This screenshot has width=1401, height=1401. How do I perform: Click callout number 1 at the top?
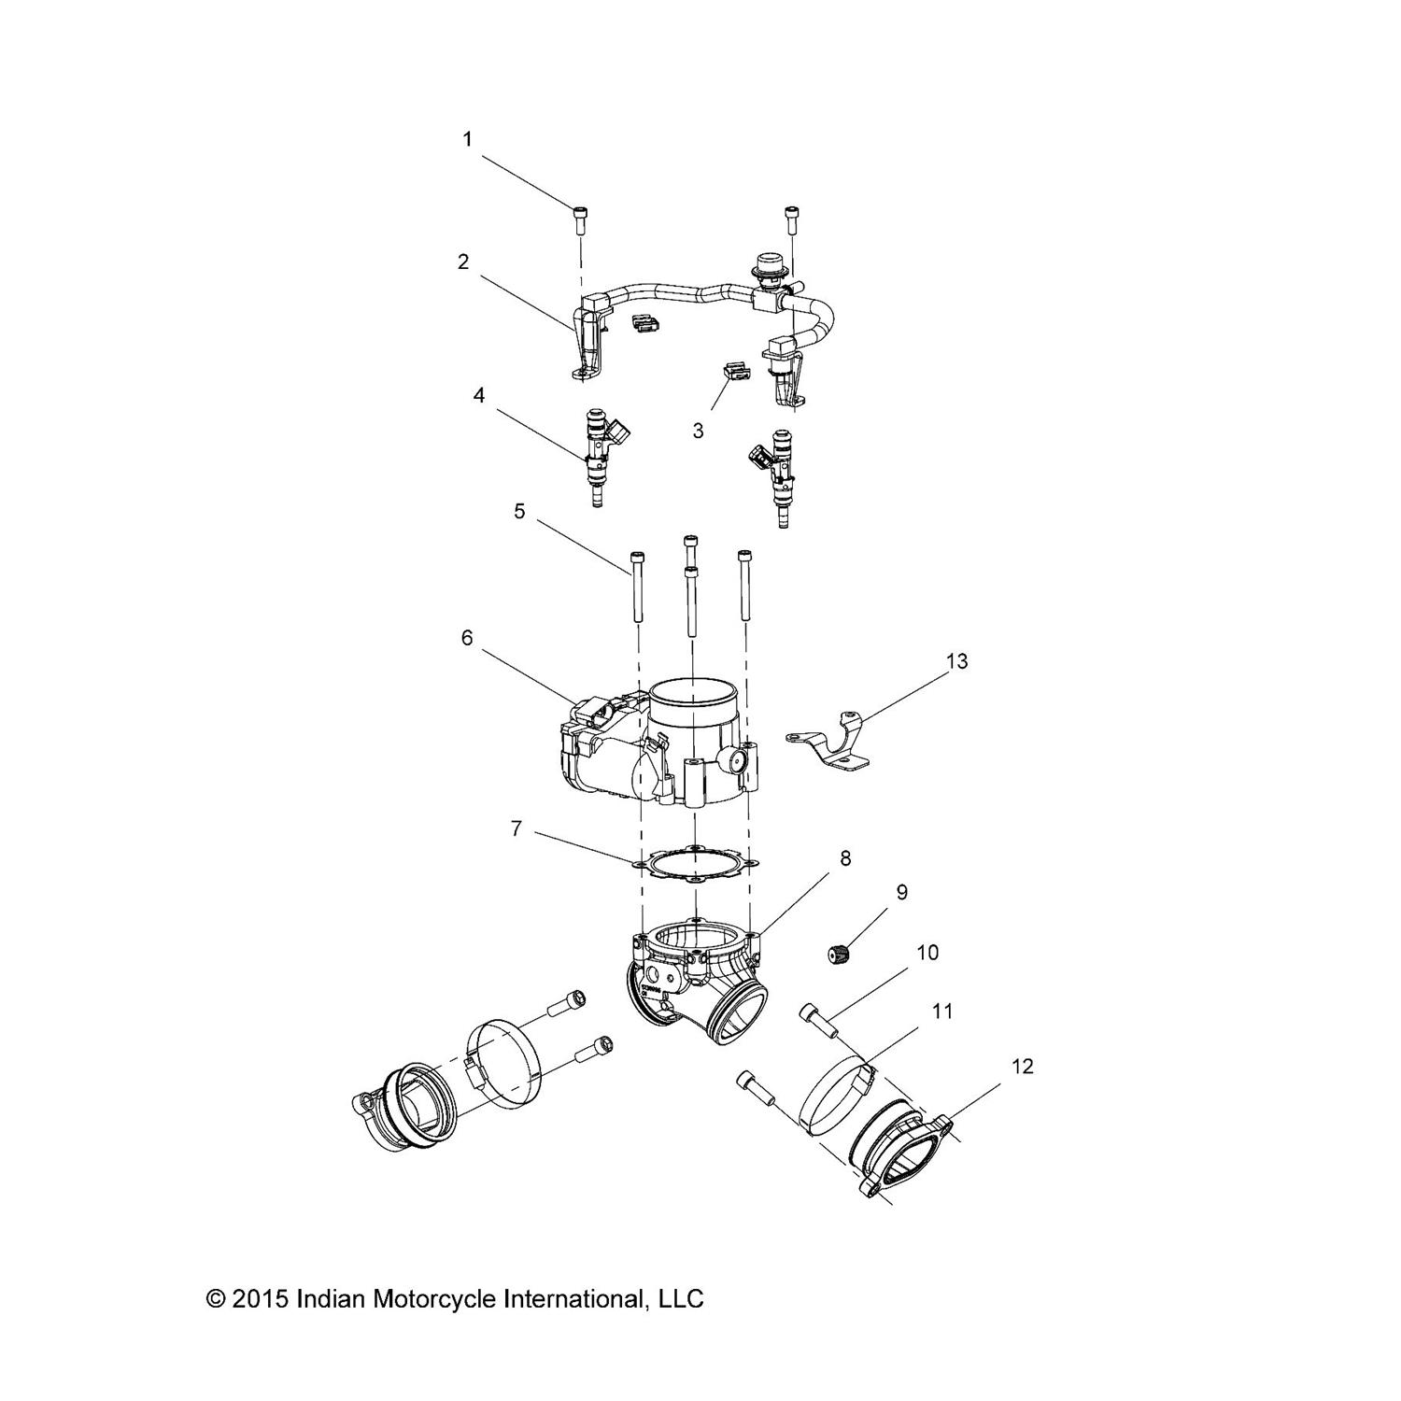467,140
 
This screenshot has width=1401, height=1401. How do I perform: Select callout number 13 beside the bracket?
956,661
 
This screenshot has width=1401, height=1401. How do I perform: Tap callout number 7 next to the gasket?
516,828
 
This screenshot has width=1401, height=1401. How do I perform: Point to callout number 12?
1023,1066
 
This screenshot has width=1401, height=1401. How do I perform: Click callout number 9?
901,893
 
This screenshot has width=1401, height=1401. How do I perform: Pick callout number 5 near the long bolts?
518,512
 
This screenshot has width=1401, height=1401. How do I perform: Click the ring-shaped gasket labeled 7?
696,865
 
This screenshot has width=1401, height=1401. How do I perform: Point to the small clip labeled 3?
736,373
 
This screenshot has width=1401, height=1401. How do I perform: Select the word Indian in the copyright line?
332,1298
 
